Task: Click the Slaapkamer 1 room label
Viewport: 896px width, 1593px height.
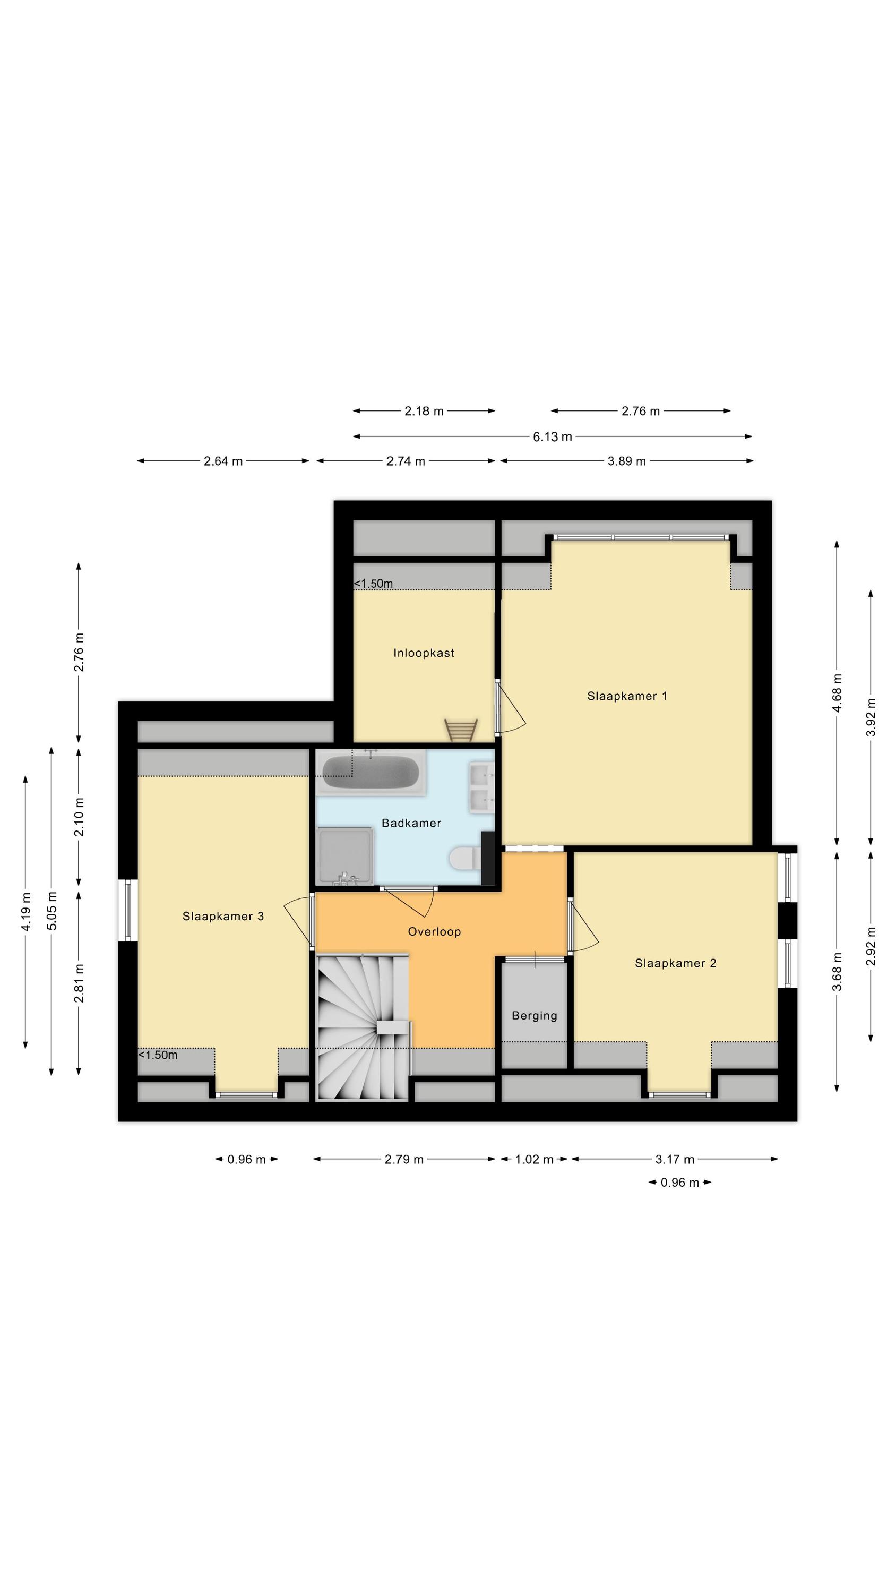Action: pyautogui.click(x=626, y=696)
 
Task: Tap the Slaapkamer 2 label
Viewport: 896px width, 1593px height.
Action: pyautogui.click(x=675, y=963)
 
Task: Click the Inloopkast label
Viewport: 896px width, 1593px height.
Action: pyautogui.click(x=424, y=653)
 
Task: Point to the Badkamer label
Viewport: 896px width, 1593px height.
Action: pyautogui.click(x=411, y=823)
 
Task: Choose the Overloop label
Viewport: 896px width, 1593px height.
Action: pyautogui.click(x=434, y=931)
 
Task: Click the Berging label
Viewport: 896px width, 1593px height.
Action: pyautogui.click(x=535, y=1015)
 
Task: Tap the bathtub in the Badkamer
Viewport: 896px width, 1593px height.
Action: pyautogui.click(x=371, y=772)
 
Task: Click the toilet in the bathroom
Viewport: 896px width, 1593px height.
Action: pyautogui.click(x=465, y=858)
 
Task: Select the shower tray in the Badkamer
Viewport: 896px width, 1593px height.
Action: pyautogui.click(x=345, y=856)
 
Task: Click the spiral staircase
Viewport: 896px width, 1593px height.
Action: pyautogui.click(x=364, y=1026)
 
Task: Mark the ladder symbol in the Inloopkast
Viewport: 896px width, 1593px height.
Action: pyautogui.click(x=461, y=730)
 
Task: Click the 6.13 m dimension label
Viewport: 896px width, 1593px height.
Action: pyautogui.click(x=552, y=436)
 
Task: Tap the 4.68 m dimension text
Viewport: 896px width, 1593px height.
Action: pyautogui.click(x=837, y=692)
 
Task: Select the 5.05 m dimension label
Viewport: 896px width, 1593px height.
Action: pyautogui.click(x=52, y=910)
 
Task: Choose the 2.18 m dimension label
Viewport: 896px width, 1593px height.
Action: pyautogui.click(x=424, y=410)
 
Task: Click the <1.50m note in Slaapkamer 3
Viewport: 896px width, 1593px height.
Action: pyautogui.click(x=158, y=1055)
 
